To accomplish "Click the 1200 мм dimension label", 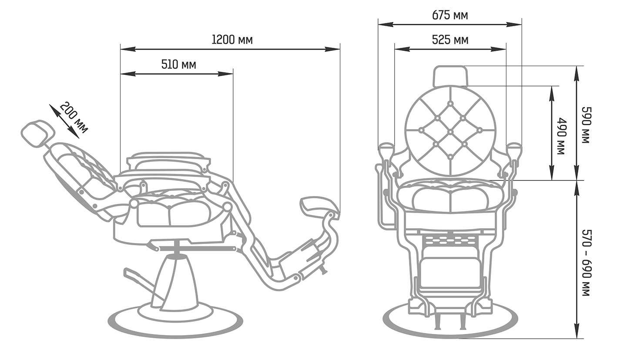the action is coord(232,40).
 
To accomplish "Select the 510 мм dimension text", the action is coord(179,65).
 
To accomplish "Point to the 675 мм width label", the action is coord(450,15).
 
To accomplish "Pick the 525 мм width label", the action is coord(450,40).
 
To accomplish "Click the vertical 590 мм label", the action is coord(586,125).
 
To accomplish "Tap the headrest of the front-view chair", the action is coord(450,76).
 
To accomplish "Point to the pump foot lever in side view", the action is coord(143,285).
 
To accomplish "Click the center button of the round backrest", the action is coord(450,132).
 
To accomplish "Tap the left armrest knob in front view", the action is coord(386,150).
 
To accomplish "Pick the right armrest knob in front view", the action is coord(514,150).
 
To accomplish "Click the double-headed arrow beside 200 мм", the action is coord(64,121).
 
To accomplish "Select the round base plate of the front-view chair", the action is coord(450,323).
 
